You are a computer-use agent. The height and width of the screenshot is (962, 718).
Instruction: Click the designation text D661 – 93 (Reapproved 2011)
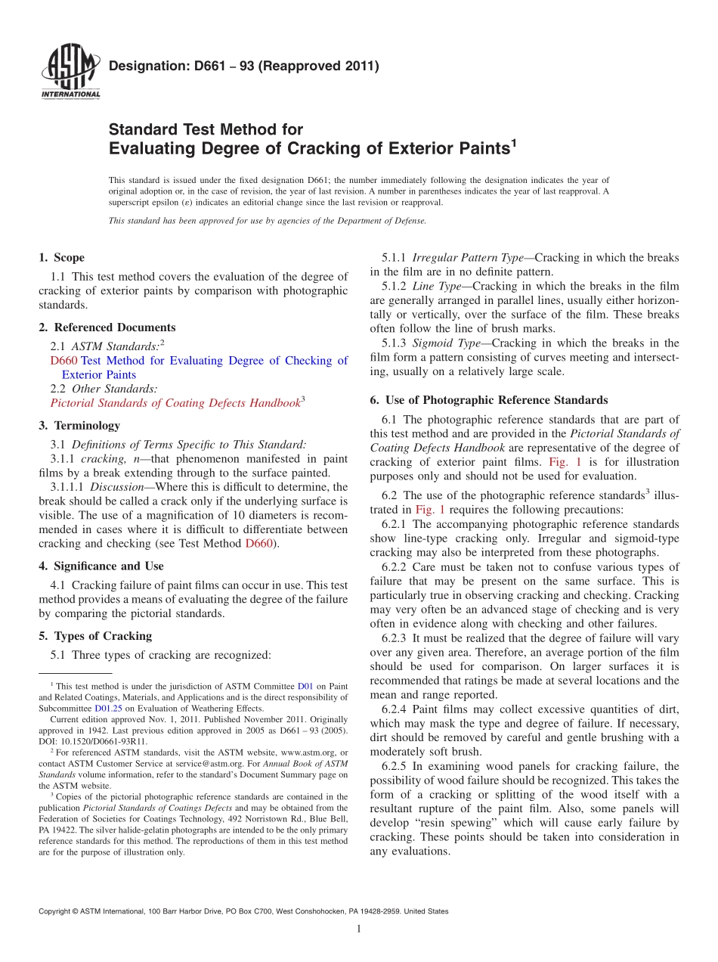point(243,67)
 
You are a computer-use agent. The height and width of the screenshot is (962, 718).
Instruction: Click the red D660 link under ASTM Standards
point(63,361)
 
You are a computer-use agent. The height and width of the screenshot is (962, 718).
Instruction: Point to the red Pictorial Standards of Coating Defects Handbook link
point(175,403)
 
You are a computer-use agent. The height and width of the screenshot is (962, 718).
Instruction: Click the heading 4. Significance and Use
point(101,566)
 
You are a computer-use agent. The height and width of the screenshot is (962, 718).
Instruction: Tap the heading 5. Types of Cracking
point(95,636)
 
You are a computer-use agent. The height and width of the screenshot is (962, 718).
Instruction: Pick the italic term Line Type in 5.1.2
point(436,286)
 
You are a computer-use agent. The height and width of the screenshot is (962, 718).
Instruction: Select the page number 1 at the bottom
point(359,929)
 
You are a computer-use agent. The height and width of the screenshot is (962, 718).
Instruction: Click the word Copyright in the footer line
point(56,911)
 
